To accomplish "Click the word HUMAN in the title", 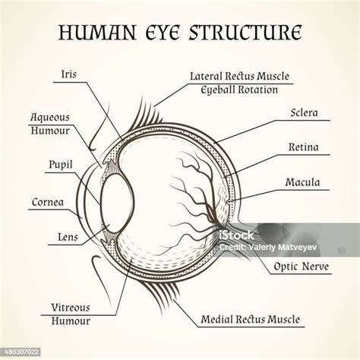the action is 97,33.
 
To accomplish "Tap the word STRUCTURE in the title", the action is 245,33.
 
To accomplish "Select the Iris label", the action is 69,74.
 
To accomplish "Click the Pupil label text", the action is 61,165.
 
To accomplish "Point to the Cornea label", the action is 48,202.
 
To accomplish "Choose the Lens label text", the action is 68,237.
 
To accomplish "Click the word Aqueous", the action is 50,118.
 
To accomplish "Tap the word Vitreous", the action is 71,308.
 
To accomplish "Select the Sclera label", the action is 304,113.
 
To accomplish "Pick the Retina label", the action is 304,147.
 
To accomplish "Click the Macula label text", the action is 302,182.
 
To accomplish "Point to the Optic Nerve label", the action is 302,267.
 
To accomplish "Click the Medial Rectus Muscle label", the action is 250,320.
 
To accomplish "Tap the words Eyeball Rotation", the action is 239,90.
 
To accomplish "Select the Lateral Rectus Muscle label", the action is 239,76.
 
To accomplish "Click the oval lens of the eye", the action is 117,203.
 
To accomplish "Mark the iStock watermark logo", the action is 236,235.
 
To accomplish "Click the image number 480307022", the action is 22,352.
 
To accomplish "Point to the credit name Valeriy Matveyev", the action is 283,247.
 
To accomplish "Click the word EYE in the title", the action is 163,33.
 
